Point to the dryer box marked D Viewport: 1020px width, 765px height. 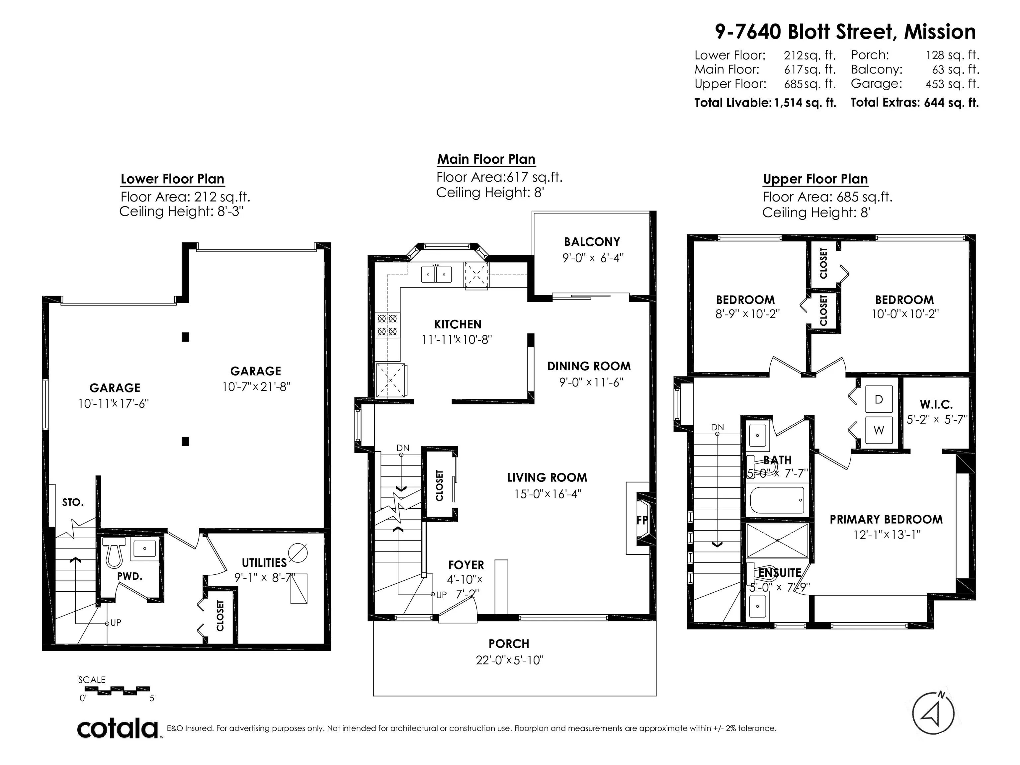[879, 399]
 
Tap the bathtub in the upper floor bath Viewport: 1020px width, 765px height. [777, 500]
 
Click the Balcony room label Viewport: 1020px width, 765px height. [592, 242]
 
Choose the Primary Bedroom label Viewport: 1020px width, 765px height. [886, 520]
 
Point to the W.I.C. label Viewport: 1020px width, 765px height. [936, 405]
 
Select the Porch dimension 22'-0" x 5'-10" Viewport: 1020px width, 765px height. [510, 660]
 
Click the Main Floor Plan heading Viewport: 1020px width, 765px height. [486, 159]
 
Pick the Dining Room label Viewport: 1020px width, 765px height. [589, 366]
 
